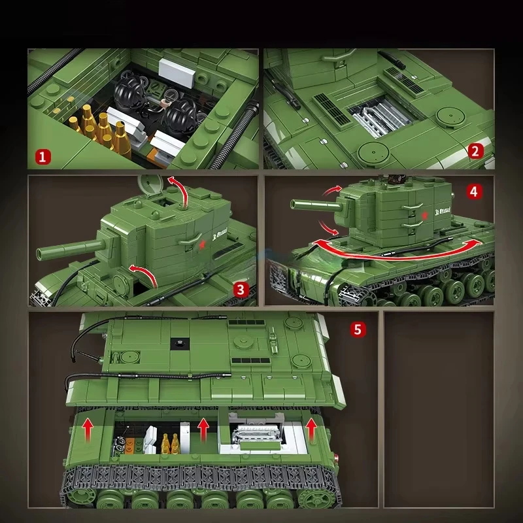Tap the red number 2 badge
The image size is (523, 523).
tap(476, 152)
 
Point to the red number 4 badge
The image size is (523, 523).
tap(475, 192)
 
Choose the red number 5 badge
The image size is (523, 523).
tap(356, 329)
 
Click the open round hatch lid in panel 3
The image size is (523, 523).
tap(149, 185)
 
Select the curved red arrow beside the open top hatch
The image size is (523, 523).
tap(181, 189)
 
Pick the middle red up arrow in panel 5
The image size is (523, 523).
tap(204, 429)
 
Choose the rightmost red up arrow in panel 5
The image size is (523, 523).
tap(311, 429)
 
